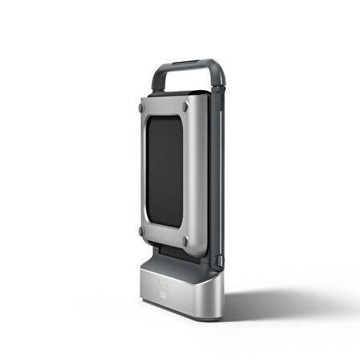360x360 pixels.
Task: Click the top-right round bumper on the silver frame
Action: click(x=186, y=105)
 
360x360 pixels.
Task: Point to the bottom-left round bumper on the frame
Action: click(x=142, y=231)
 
